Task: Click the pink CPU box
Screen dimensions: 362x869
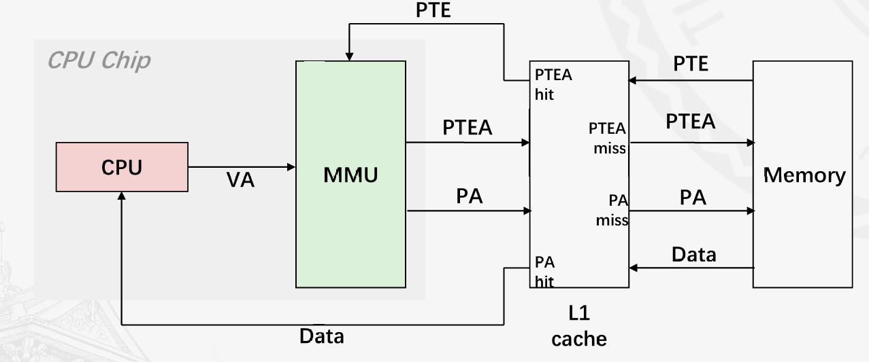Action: (122, 167)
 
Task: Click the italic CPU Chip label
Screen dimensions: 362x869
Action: (99, 60)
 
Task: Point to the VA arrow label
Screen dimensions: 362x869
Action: (240, 180)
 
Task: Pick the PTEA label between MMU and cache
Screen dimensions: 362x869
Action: (467, 128)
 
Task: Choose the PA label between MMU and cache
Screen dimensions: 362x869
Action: (470, 196)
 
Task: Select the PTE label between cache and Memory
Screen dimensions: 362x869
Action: (691, 64)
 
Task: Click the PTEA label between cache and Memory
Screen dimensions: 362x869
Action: (690, 122)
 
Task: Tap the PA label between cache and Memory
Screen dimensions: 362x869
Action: (693, 197)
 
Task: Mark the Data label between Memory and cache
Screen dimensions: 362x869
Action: (693, 254)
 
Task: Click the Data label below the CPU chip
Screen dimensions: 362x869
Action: (322, 336)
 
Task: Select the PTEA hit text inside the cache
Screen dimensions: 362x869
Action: (553, 84)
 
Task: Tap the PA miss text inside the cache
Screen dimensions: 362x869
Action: (612, 210)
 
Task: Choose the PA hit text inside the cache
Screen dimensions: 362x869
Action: (544, 272)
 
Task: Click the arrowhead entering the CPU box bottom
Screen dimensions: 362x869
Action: (122, 195)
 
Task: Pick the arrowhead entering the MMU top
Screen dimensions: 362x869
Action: (350, 56)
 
